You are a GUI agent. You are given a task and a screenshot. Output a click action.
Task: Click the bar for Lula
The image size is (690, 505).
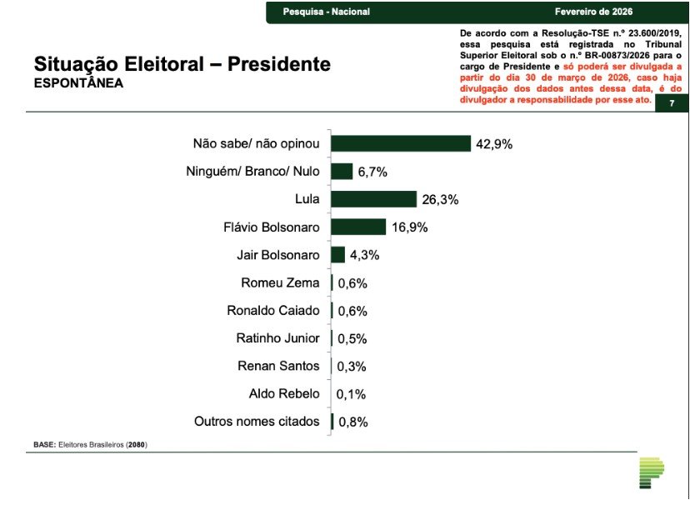click(x=373, y=199)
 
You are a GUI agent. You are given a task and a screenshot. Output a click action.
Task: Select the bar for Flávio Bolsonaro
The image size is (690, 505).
click(x=358, y=227)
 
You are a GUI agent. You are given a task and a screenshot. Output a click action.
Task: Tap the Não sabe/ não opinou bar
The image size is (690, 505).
click(x=401, y=143)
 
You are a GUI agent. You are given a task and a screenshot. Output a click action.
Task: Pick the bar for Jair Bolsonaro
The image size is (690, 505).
click(x=337, y=255)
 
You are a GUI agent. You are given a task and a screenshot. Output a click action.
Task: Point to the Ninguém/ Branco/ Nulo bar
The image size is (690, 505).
click(x=342, y=172)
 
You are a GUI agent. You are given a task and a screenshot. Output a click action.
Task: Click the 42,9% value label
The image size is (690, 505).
click(x=494, y=144)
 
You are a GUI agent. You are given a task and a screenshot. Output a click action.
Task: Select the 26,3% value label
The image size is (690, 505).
click(x=439, y=200)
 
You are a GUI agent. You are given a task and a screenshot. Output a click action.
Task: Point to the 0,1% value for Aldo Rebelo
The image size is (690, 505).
click(x=351, y=394)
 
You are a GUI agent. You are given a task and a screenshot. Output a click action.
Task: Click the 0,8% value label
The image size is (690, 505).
click(x=352, y=422)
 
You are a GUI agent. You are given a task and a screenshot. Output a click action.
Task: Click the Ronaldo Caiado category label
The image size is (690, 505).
click(x=272, y=310)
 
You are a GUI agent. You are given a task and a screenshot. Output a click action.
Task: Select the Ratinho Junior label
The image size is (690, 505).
click(x=277, y=338)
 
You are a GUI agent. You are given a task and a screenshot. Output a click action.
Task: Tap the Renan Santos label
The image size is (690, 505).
click(x=278, y=366)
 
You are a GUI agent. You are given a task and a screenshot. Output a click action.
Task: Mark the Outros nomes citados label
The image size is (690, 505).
click(x=257, y=422)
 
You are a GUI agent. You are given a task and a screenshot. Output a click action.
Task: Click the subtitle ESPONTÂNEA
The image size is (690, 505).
click(x=78, y=83)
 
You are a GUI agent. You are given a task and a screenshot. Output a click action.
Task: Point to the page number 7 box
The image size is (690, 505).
click(x=672, y=103)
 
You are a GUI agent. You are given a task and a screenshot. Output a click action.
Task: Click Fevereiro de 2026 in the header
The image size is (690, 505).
click(x=593, y=12)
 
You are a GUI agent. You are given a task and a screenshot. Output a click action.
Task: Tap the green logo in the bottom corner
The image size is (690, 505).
click(x=651, y=472)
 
